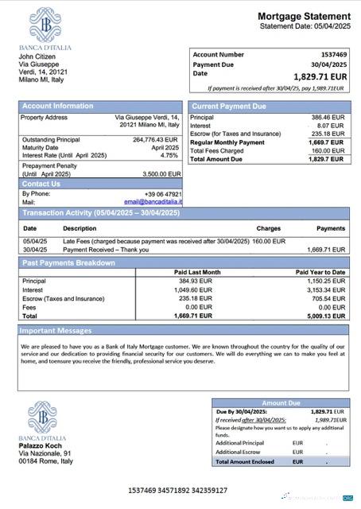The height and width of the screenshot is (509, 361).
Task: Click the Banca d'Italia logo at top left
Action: pos(45,25)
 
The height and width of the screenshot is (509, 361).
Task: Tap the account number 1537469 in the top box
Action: pos(331,55)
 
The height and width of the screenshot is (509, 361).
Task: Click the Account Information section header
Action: pos(57,106)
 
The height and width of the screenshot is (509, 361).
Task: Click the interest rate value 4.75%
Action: pos(169,155)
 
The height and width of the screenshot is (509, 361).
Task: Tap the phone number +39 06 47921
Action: pos(163,193)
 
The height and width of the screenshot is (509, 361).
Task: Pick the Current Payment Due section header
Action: pos(229,106)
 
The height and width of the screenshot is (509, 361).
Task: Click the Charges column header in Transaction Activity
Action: pos(268,228)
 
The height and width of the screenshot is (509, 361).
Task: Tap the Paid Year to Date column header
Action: pos(320,272)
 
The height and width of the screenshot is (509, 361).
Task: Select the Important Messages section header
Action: pos(56,329)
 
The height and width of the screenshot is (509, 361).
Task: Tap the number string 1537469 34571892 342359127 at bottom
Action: pos(177,491)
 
